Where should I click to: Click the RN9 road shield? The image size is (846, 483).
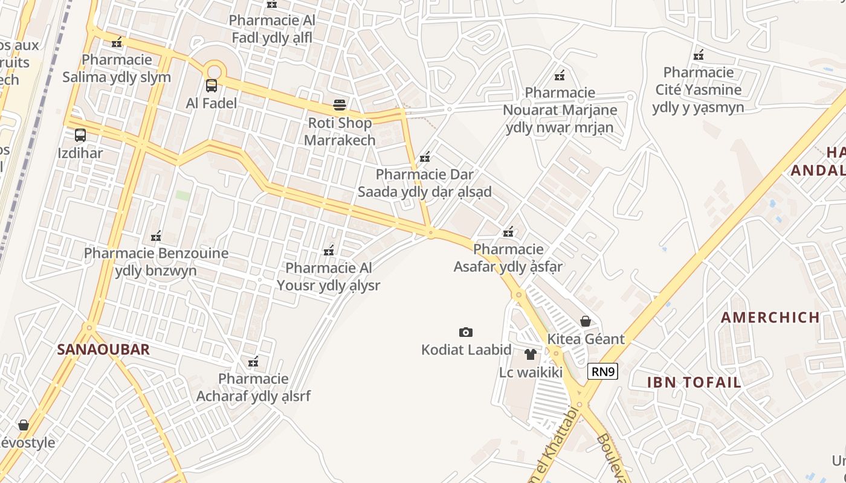(x=602, y=371)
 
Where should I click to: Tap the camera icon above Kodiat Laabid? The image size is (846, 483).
(x=465, y=332)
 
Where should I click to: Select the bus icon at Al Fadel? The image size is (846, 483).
(x=211, y=85)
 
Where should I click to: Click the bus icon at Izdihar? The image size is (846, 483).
(x=80, y=135)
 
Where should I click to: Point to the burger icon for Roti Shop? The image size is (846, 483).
(x=340, y=105)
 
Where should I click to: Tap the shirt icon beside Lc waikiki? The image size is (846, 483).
(x=531, y=354)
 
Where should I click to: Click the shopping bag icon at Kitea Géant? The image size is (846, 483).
(x=585, y=321)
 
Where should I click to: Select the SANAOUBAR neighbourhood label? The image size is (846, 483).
(x=103, y=350)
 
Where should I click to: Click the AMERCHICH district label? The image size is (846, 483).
(x=770, y=317)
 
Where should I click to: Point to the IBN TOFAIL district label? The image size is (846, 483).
(x=694, y=382)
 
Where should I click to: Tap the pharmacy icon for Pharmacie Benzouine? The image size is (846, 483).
(x=156, y=236)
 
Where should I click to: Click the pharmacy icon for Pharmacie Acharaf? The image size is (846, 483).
(x=253, y=362)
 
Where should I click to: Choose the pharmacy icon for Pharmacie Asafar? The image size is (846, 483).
(x=508, y=232)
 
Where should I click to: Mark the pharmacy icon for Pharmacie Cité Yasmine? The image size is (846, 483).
(x=699, y=55)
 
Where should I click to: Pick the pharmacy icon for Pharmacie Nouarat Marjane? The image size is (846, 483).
(x=560, y=75)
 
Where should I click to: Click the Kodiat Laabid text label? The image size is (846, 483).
(x=466, y=350)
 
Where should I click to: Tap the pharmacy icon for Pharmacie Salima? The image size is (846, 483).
(x=117, y=42)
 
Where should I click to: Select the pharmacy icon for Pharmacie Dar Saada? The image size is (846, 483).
(x=425, y=158)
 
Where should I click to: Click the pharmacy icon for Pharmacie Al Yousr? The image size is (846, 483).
(x=329, y=251)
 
